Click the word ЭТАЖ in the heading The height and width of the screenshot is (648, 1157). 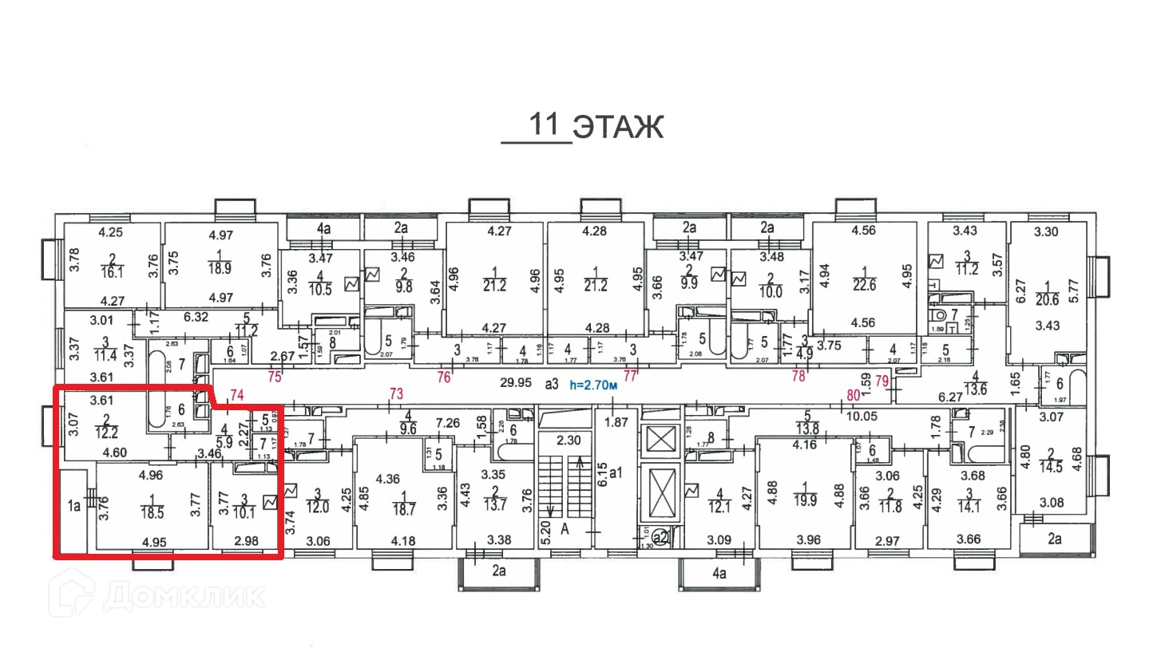[x=620, y=127]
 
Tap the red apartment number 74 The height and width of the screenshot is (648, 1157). [x=235, y=393]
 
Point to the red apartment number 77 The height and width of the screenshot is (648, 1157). [x=631, y=375]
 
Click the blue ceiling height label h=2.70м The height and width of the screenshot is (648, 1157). [x=592, y=384]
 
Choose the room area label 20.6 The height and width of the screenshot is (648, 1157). [x=1046, y=299]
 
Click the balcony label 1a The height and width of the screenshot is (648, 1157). [x=74, y=504]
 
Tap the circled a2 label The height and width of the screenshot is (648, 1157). [x=660, y=537]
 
